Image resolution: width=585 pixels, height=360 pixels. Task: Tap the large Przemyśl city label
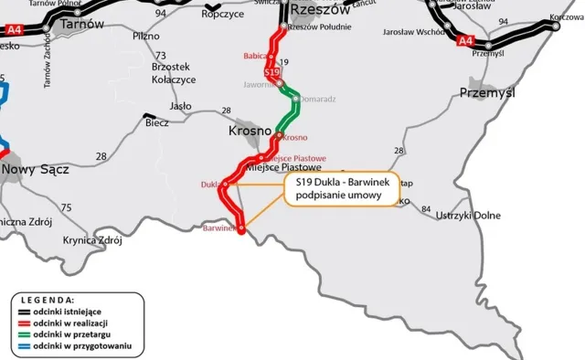tap(488, 93)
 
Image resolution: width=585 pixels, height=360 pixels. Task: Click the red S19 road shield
tap(271, 70)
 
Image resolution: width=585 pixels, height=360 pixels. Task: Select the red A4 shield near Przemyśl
tap(465, 40)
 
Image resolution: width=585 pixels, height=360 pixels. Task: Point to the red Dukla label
tap(208, 185)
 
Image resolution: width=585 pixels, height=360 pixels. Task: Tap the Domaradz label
tap(318, 99)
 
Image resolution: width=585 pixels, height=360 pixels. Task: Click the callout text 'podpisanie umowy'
tap(340, 195)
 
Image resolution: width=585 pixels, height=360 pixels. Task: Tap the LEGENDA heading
tap(48, 300)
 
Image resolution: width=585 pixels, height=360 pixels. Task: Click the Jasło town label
tap(180, 106)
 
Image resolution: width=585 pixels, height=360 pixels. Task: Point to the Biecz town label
tap(156, 123)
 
